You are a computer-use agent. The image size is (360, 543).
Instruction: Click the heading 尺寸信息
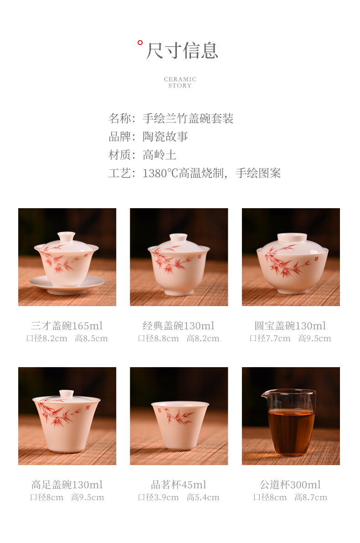[182, 51]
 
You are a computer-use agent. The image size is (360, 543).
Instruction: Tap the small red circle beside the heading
[140, 43]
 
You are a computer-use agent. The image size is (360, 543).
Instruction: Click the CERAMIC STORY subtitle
[180, 82]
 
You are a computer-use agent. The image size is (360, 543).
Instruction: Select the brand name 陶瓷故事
[165, 137]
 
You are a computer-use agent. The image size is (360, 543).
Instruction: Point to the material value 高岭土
[159, 155]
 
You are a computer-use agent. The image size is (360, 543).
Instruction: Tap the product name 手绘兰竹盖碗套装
[188, 118]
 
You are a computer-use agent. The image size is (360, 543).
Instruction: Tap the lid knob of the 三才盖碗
[66, 236]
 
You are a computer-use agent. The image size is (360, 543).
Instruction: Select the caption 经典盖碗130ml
[179, 326]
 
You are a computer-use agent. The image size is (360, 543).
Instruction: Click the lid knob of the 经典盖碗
[179, 238]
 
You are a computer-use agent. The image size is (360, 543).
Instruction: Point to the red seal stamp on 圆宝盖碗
[316, 258]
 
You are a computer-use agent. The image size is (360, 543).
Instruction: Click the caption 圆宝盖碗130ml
[290, 326]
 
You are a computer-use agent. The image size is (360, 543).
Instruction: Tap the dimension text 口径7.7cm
[270, 338]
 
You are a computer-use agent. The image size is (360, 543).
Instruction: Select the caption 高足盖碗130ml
[67, 485]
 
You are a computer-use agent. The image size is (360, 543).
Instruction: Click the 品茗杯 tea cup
[180, 425]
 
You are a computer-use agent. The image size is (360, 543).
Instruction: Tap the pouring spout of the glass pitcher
[265, 394]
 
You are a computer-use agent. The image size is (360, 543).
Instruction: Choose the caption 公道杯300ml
[290, 485]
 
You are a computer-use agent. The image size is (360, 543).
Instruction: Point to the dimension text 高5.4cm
[203, 497]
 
